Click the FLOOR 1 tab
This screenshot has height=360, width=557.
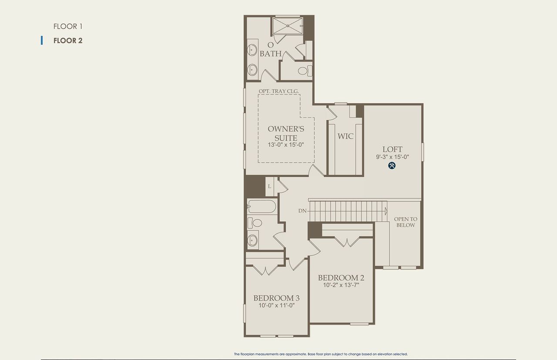68,26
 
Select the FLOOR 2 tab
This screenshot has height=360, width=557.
68,40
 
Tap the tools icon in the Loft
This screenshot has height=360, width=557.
392,165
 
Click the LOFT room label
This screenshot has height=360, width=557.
393,149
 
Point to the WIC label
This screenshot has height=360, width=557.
346,136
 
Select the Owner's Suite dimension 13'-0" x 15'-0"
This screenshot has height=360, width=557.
285,145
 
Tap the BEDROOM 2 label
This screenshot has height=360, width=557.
341,278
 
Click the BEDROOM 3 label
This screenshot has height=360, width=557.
276,298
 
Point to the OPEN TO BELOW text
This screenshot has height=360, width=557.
406,222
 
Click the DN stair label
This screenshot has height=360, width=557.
302,211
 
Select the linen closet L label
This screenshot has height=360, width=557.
270,186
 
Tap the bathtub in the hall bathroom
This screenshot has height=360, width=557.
261,206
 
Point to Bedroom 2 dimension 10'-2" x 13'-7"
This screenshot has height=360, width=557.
341,285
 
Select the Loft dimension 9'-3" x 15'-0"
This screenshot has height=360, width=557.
393,157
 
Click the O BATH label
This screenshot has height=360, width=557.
271,50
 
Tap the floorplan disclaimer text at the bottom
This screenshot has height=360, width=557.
321,354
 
